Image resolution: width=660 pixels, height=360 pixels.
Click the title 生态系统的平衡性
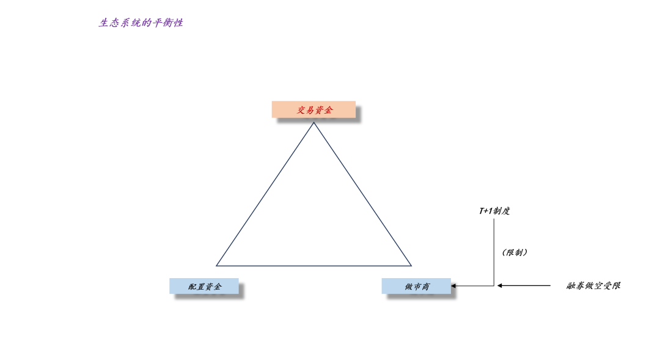pos(141,23)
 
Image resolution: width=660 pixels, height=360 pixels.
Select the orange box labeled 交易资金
pos(313,109)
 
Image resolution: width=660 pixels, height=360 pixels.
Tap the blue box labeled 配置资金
pos(204,286)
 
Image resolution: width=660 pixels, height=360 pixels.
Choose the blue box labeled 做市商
pos(416,286)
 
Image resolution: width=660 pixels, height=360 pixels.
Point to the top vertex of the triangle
pos(313,122)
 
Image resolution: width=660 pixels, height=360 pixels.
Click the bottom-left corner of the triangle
pos(216,266)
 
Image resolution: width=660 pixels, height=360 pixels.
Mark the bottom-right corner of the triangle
pos(411,266)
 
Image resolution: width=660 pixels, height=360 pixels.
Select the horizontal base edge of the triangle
pos(313,266)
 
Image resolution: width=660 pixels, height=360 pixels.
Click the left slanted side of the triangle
pos(265,194)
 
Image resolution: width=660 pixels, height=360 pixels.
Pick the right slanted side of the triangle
pos(362,194)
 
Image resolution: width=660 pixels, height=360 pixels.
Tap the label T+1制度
pos(494,210)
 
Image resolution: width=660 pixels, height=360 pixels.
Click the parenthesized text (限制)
pos(515,252)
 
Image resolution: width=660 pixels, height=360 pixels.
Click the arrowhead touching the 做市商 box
pos(453,286)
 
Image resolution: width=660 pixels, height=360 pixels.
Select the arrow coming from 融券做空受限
pos(524,285)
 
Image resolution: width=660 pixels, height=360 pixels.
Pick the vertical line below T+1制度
pos(494,252)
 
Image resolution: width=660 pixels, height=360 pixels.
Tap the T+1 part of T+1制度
pos(486,210)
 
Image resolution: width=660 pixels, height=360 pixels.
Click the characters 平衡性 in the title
pos(167,23)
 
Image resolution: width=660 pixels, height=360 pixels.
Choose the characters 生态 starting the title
pos(109,23)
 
